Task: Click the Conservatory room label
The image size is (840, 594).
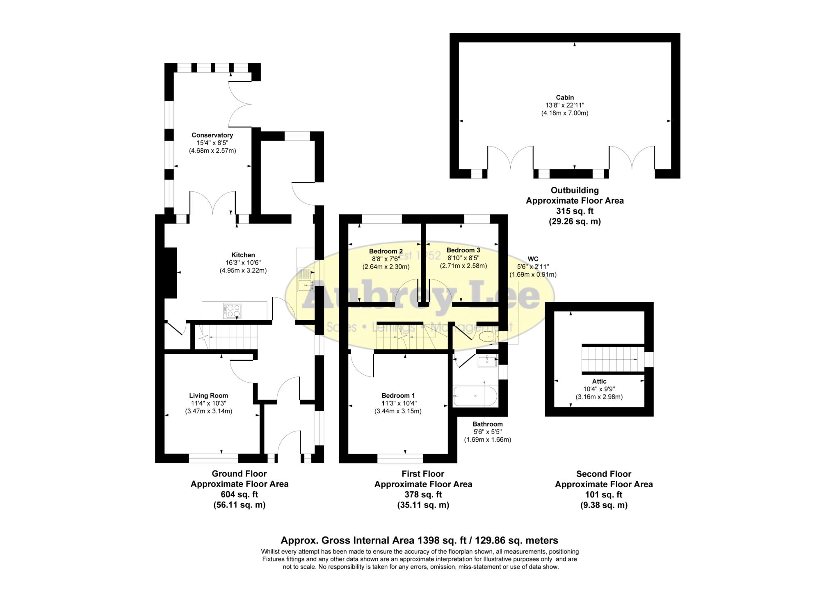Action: (212, 135)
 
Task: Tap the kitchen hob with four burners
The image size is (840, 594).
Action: (232, 311)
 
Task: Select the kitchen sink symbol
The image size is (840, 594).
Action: (306, 279)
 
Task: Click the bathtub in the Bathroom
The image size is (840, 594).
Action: (475, 396)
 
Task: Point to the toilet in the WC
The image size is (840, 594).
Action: (487, 337)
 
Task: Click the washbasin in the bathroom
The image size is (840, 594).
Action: (487, 361)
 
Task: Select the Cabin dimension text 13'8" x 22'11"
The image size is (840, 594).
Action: (564, 105)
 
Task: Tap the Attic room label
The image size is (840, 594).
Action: (599, 381)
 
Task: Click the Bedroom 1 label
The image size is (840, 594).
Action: (398, 395)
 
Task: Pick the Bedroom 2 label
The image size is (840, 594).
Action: (386, 251)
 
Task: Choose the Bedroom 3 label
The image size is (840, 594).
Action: (463, 250)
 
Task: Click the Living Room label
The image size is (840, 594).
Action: (208, 396)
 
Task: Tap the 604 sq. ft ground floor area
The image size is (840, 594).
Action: (239, 495)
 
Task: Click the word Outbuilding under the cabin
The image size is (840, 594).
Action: (574, 190)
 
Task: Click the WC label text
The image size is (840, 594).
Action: (533, 259)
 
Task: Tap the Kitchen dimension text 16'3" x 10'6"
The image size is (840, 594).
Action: (243, 263)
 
